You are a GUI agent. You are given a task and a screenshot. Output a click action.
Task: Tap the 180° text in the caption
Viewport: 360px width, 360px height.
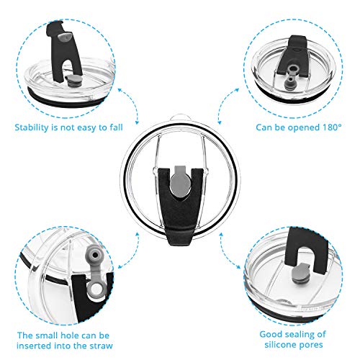[x=332, y=127]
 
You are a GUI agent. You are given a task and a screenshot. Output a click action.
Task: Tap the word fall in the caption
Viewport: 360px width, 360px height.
[x=117, y=127]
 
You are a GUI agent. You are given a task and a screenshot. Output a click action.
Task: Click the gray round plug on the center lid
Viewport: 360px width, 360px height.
[x=181, y=182]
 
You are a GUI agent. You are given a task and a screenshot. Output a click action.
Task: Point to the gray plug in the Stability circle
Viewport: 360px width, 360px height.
[x=71, y=81]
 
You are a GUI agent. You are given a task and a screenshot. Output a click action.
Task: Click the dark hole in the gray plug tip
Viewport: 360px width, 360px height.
[x=95, y=255]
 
